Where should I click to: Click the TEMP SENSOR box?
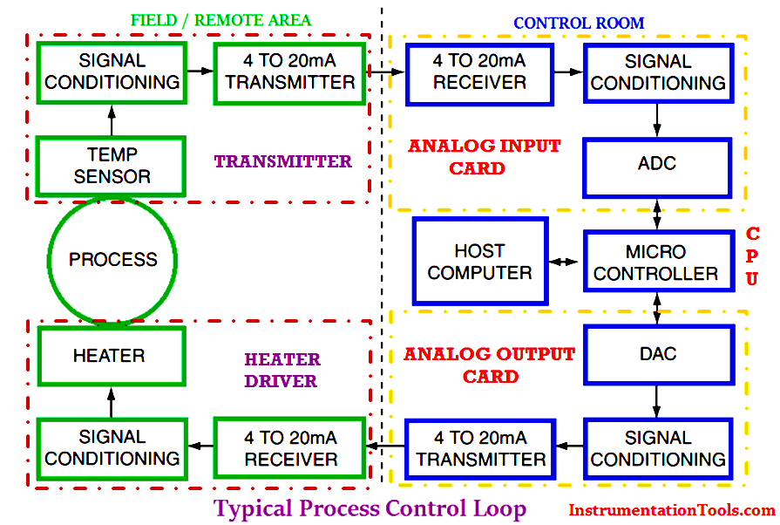(112, 165)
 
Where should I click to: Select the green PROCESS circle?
(112, 260)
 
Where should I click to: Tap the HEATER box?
(110, 355)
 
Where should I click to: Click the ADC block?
(657, 164)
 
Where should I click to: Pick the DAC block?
(657, 354)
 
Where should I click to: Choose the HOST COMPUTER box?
(479, 262)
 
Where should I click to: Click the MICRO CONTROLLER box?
(656, 262)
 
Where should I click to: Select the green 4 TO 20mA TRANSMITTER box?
(288, 72)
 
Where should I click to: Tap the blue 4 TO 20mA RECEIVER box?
(479, 72)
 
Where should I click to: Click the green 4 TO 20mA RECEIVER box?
(288, 448)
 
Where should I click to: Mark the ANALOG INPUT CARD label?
(484, 157)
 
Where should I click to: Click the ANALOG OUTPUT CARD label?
(489, 365)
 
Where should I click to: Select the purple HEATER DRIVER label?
(281, 370)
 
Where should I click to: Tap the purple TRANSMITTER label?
(282, 161)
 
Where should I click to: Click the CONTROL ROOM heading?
(579, 23)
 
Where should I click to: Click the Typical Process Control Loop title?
(370, 508)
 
